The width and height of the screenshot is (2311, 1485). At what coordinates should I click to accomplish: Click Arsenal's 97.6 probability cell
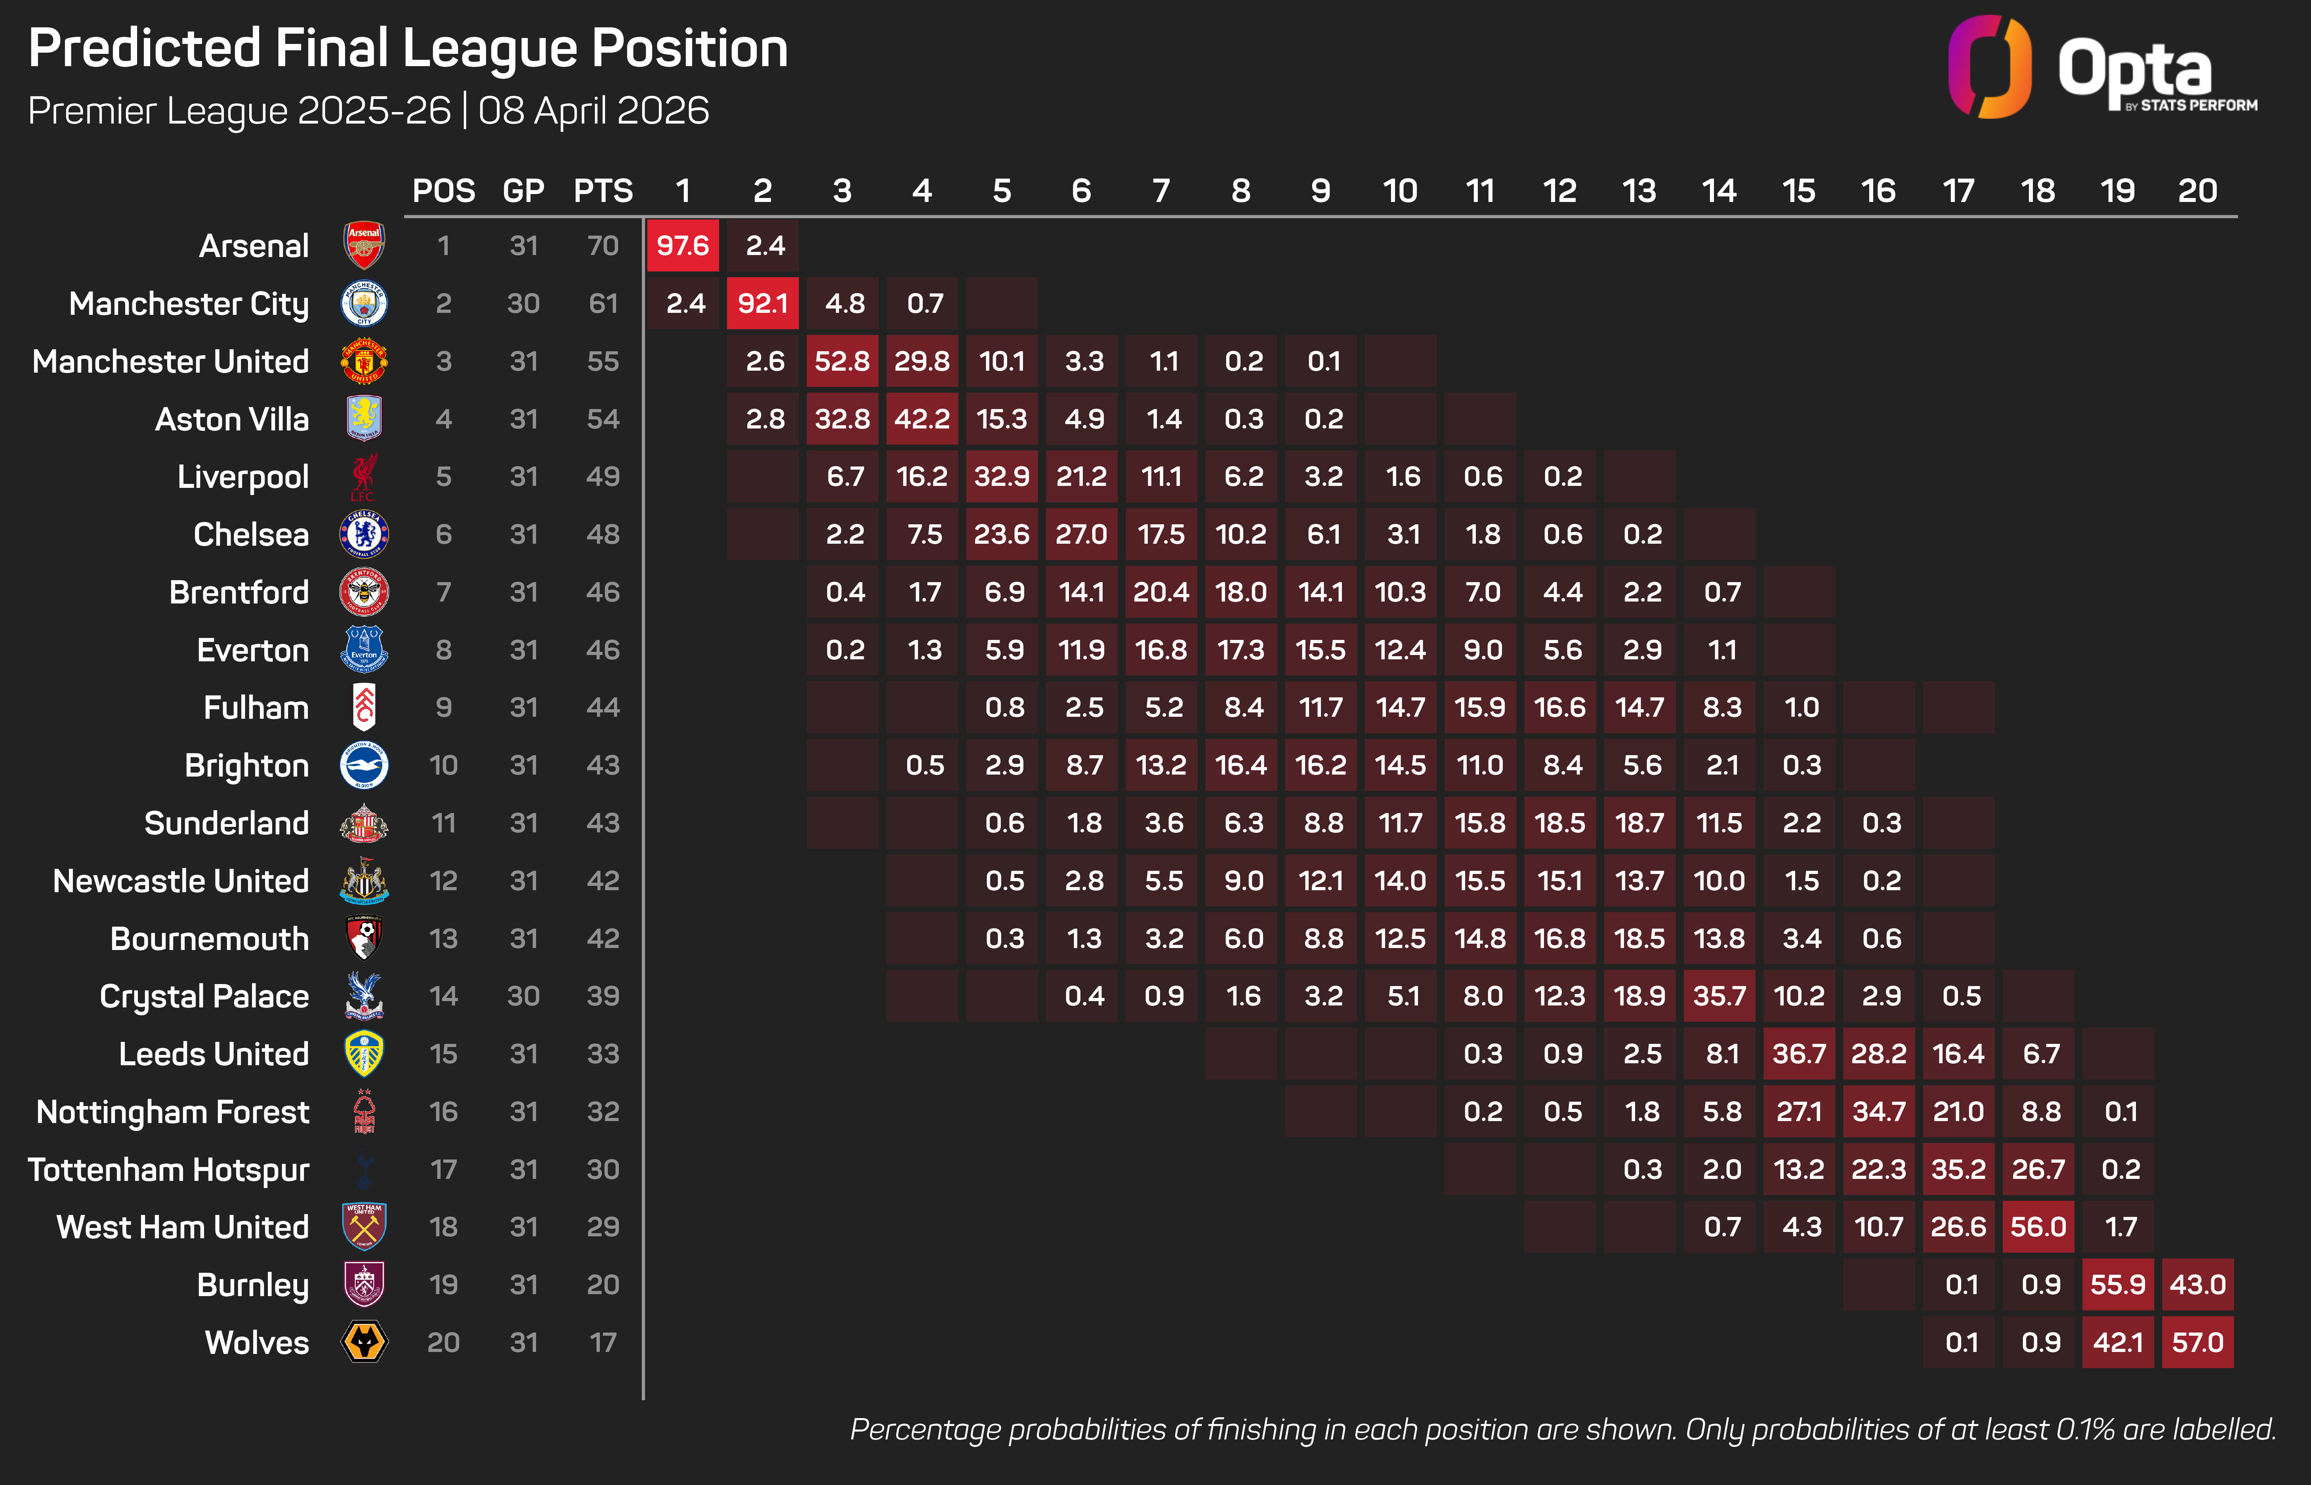(683, 246)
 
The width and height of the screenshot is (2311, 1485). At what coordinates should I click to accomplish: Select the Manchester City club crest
(364, 304)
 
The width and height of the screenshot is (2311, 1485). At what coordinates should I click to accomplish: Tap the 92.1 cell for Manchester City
(763, 304)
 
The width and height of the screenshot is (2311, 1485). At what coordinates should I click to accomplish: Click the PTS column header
(603, 191)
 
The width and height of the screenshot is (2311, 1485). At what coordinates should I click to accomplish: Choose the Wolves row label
(257, 1342)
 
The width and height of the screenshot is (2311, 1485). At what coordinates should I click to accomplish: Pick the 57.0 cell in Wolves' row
(2197, 1342)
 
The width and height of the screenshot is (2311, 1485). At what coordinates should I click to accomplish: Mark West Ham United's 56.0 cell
(2038, 1226)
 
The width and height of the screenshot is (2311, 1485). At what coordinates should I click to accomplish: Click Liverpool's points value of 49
(603, 476)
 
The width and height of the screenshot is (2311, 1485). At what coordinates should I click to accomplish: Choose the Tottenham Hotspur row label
(169, 1170)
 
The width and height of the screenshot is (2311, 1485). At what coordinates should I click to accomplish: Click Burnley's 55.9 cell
(2118, 1285)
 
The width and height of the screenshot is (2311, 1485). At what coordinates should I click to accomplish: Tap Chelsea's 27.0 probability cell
(1081, 534)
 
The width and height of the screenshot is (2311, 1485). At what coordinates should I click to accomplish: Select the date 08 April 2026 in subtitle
(593, 111)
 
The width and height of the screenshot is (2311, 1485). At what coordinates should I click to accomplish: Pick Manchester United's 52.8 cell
(842, 362)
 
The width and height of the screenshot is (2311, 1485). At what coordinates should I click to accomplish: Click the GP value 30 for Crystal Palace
(524, 996)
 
